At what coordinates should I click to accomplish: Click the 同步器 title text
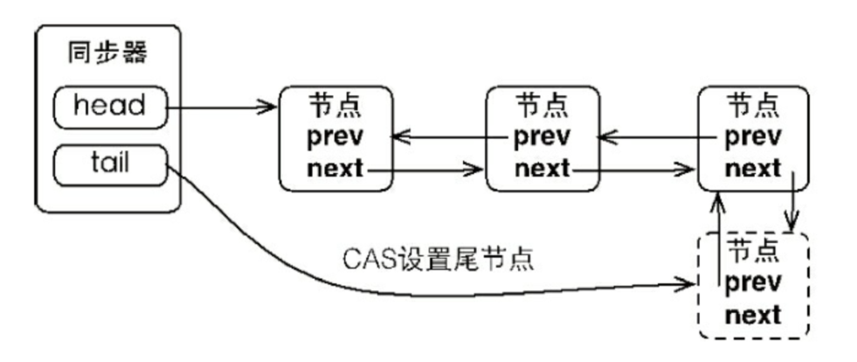107,53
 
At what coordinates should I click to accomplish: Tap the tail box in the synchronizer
109,164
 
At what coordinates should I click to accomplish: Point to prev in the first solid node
335,137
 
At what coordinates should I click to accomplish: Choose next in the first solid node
335,168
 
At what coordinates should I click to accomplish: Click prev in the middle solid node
543,137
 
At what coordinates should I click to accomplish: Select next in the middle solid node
543,168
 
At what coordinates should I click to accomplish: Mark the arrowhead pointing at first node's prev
398,137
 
